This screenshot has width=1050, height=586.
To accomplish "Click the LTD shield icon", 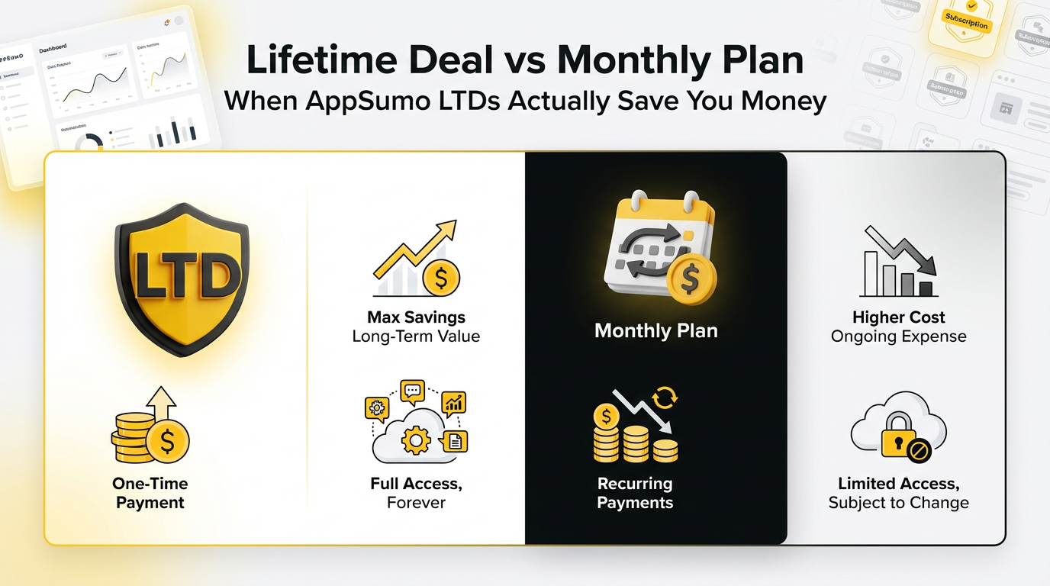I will pos(182,279).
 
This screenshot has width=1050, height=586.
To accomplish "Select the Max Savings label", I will pos(416,317).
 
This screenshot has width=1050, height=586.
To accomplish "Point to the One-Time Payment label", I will pos(150,493).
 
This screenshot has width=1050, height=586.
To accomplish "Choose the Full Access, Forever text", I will pos(416,493).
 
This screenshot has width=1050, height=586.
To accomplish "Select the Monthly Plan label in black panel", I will pos(656,331).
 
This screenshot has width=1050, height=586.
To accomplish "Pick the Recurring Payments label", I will pos(635,493).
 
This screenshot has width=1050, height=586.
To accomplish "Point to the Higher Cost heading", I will pos(898,317).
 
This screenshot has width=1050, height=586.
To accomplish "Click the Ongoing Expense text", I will pos(898,336).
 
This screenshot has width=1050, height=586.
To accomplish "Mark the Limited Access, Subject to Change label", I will pos(898,493).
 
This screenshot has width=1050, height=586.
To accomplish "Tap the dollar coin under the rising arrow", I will pos(440,278).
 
